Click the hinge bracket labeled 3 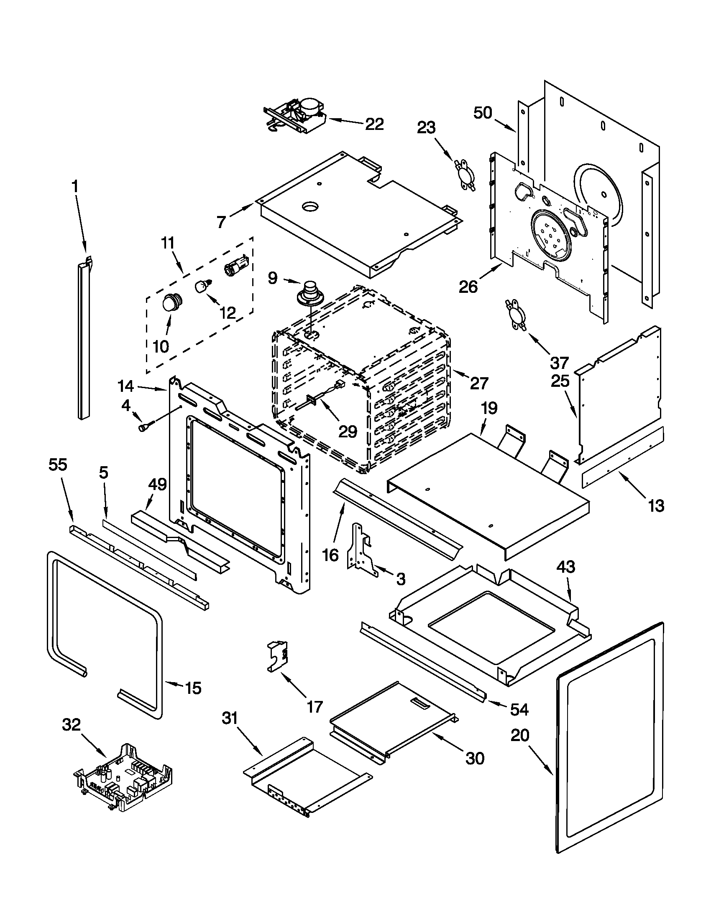coord(361,549)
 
